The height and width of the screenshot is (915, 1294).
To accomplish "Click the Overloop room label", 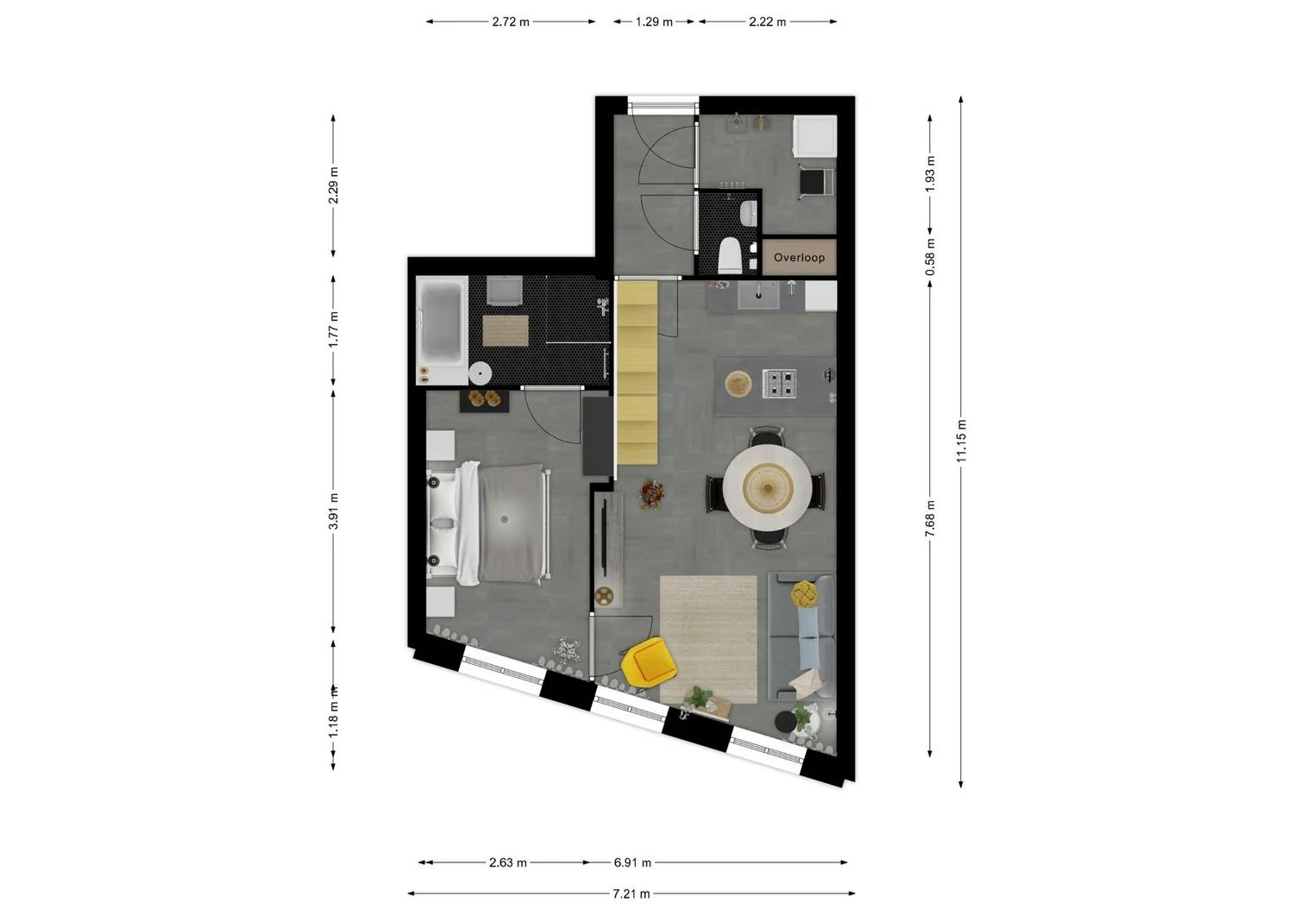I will pyautogui.click(x=799, y=258).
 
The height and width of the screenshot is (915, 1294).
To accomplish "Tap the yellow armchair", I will pyautogui.click(x=650, y=661).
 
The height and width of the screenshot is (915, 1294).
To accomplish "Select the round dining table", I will pyautogui.click(x=767, y=488).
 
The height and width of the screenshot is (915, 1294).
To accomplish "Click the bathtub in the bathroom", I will pyautogui.click(x=441, y=329).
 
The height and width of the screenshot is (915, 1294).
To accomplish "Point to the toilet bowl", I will pyautogui.click(x=730, y=255).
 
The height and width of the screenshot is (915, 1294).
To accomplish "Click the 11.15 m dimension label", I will pyautogui.click(x=961, y=441).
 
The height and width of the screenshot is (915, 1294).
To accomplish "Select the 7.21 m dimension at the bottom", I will pyautogui.click(x=631, y=893).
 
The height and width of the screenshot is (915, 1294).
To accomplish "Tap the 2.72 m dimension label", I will pyautogui.click(x=511, y=22).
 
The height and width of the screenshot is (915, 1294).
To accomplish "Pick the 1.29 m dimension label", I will pyautogui.click(x=654, y=22).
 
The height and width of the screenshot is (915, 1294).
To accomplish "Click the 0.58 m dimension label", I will pyautogui.click(x=930, y=258).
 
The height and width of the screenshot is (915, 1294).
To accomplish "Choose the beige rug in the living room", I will pyautogui.click(x=708, y=638).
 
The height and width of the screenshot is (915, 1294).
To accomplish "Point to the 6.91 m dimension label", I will pyautogui.click(x=632, y=862).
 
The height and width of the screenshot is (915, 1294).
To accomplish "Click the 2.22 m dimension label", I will pyautogui.click(x=767, y=22).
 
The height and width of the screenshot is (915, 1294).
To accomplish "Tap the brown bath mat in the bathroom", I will pyautogui.click(x=505, y=330).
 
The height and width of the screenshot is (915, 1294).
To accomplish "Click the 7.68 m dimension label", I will pyautogui.click(x=930, y=518).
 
